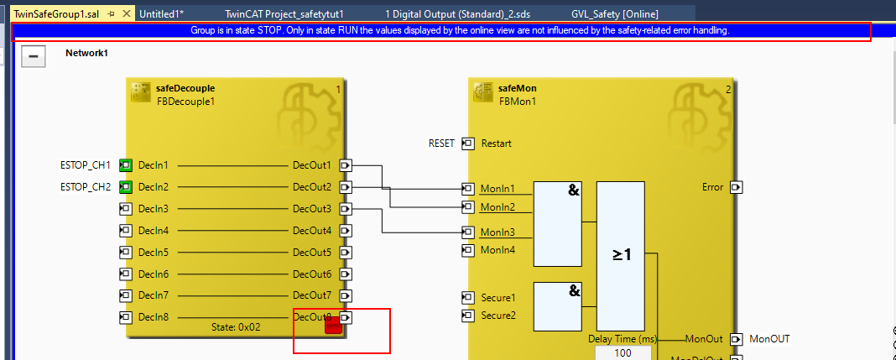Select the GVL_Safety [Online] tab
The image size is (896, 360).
(x=614, y=14)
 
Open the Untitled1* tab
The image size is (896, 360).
(x=161, y=14)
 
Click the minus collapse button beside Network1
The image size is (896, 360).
(x=32, y=57)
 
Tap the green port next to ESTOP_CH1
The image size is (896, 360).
(x=126, y=165)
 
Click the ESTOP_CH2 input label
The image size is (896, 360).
(x=86, y=187)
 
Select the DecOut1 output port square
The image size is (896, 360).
(x=346, y=165)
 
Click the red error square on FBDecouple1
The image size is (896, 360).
(x=333, y=327)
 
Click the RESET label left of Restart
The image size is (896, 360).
(x=441, y=143)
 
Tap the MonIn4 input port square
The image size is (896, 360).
(x=468, y=250)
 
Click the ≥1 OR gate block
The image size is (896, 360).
(x=621, y=255)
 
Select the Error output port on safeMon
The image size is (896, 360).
(x=736, y=187)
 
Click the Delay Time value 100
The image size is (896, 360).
(x=623, y=353)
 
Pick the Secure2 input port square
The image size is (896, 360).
(x=468, y=316)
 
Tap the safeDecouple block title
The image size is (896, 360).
(x=185, y=88)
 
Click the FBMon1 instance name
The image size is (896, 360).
(x=517, y=102)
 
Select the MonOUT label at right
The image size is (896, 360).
(x=769, y=339)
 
